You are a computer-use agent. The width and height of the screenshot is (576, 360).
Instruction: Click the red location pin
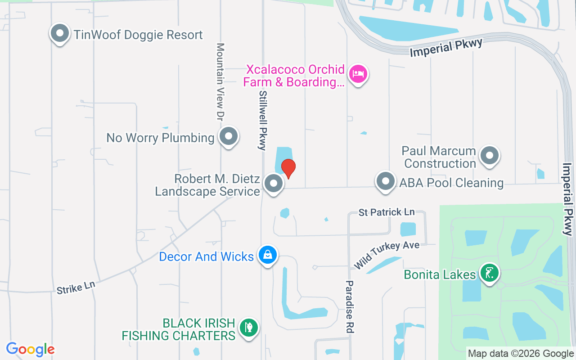(x=288, y=168)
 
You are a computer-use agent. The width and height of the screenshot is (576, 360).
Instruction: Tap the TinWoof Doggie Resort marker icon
(x=59, y=33)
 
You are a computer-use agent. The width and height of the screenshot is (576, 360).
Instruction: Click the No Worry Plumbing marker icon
(x=229, y=136)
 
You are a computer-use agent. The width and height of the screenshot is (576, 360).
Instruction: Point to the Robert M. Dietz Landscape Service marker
(x=273, y=184)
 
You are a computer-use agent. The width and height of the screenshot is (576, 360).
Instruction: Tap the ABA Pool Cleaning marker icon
(x=385, y=181)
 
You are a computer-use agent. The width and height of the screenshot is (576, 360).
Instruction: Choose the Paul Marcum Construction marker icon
(x=489, y=156)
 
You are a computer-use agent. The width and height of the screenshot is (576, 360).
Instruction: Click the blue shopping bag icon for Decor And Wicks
(x=268, y=255)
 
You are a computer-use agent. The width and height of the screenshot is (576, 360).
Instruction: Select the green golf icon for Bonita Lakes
(x=489, y=273)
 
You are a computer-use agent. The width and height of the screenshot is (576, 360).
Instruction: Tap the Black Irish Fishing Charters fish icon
(x=248, y=328)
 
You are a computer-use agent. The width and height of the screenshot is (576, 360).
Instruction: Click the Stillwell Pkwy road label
(x=262, y=119)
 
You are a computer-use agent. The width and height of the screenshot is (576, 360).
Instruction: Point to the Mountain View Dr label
(x=220, y=82)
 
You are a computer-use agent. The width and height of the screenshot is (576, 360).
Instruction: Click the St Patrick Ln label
(x=387, y=212)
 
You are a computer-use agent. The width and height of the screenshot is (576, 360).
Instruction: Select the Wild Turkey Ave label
(x=387, y=255)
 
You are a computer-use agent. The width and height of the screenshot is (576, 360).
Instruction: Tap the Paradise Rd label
(x=350, y=307)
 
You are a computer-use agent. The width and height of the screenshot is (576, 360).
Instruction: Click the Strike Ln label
(x=76, y=287)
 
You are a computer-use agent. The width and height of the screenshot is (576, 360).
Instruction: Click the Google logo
(x=31, y=349)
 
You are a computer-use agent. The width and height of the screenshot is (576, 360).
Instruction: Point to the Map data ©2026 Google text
(x=521, y=354)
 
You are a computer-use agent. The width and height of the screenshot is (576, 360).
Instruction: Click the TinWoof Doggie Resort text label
(x=138, y=35)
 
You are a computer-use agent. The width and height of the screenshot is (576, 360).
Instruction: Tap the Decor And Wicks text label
(x=207, y=256)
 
